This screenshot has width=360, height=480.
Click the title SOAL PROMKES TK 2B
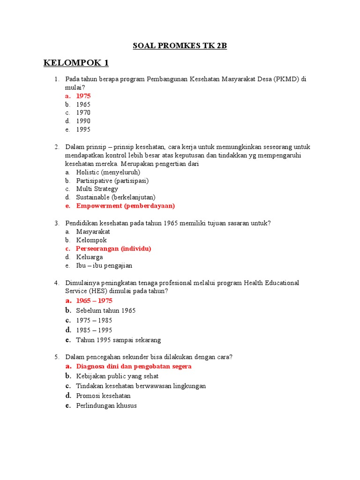click(x=180, y=45)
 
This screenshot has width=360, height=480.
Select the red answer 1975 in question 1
click(x=83, y=96)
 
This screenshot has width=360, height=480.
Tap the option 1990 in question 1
click(x=83, y=121)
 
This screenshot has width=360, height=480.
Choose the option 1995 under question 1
click(x=83, y=129)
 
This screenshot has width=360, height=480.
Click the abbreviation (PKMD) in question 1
click(x=286, y=79)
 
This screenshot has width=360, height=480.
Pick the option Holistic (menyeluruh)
click(x=108, y=172)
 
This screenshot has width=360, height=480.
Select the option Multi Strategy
click(x=97, y=189)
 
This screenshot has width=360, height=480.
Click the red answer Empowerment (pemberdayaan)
click(x=125, y=206)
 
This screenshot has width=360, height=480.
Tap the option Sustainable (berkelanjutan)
click(x=116, y=197)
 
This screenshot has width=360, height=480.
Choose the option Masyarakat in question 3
click(x=93, y=232)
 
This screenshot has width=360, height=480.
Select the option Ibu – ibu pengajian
click(x=104, y=265)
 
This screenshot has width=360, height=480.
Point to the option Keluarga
click(x=90, y=257)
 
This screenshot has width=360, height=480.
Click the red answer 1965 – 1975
click(x=94, y=300)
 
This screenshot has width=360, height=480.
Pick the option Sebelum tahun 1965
click(x=105, y=310)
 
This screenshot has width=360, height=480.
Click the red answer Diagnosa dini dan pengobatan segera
click(x=134, y=366)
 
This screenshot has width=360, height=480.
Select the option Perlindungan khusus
click(x=106, y=405)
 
